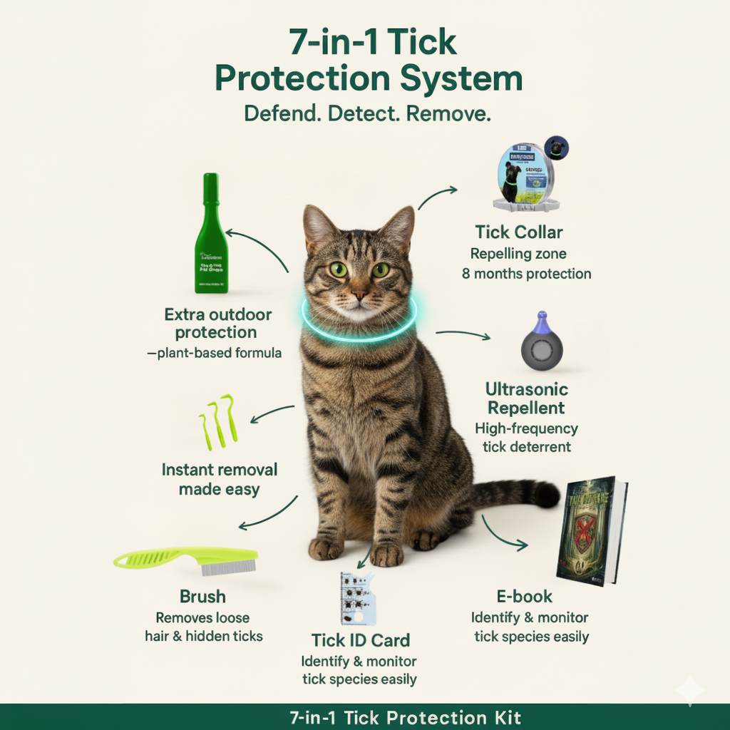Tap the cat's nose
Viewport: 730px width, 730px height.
[360, 292]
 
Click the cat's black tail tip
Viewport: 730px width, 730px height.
[547, 493]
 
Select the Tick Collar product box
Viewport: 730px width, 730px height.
[528, 178]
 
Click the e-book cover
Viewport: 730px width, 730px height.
[591, 530]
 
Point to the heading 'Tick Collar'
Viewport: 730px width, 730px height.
[519, 232]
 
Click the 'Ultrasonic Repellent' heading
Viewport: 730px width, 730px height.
[526, 399]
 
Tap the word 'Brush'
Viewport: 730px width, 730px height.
[202, 597]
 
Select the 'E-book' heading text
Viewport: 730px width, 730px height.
[524, 597]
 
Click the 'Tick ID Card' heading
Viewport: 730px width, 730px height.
[361, 639]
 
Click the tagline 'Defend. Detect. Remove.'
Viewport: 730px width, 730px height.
[368, 114]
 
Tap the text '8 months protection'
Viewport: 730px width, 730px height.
[526, 274]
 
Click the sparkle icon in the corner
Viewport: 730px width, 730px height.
[690, 689]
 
